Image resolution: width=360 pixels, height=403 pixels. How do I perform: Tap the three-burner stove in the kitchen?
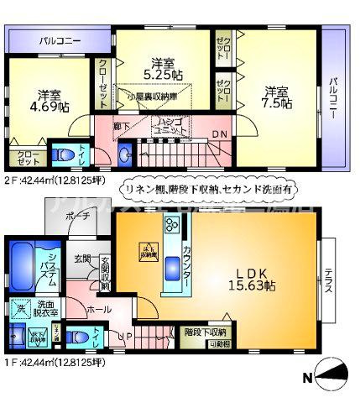point(173,225)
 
